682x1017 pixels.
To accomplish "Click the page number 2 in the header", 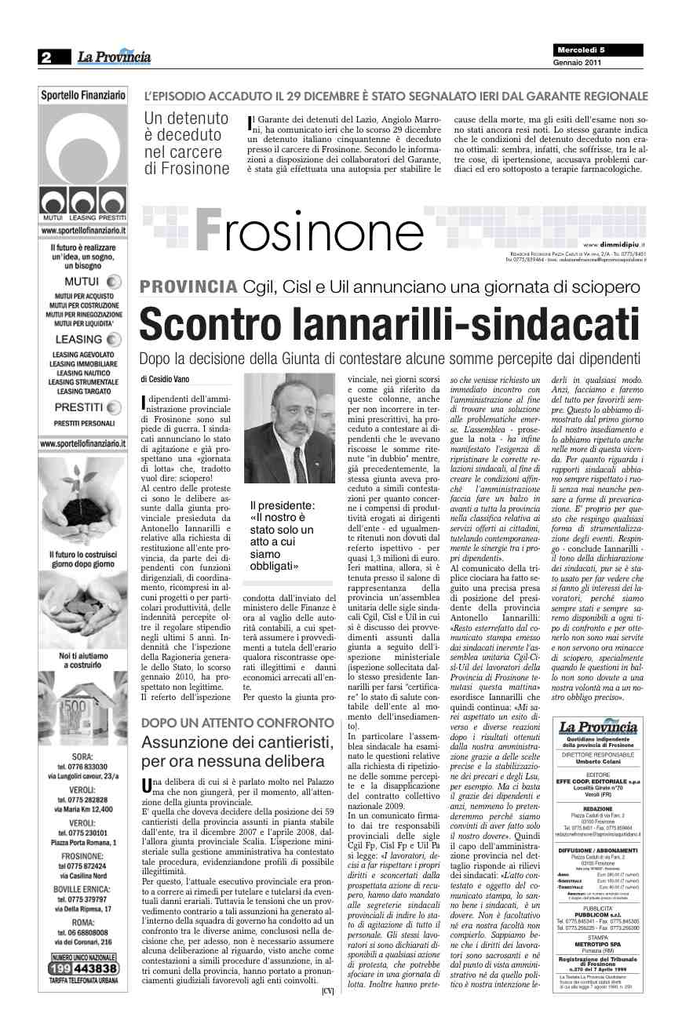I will pos(46,56).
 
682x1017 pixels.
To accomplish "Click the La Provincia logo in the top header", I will pos(113,56).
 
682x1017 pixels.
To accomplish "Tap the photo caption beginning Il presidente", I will pos(282,535).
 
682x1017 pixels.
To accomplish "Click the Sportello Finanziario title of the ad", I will pos(83,94).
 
